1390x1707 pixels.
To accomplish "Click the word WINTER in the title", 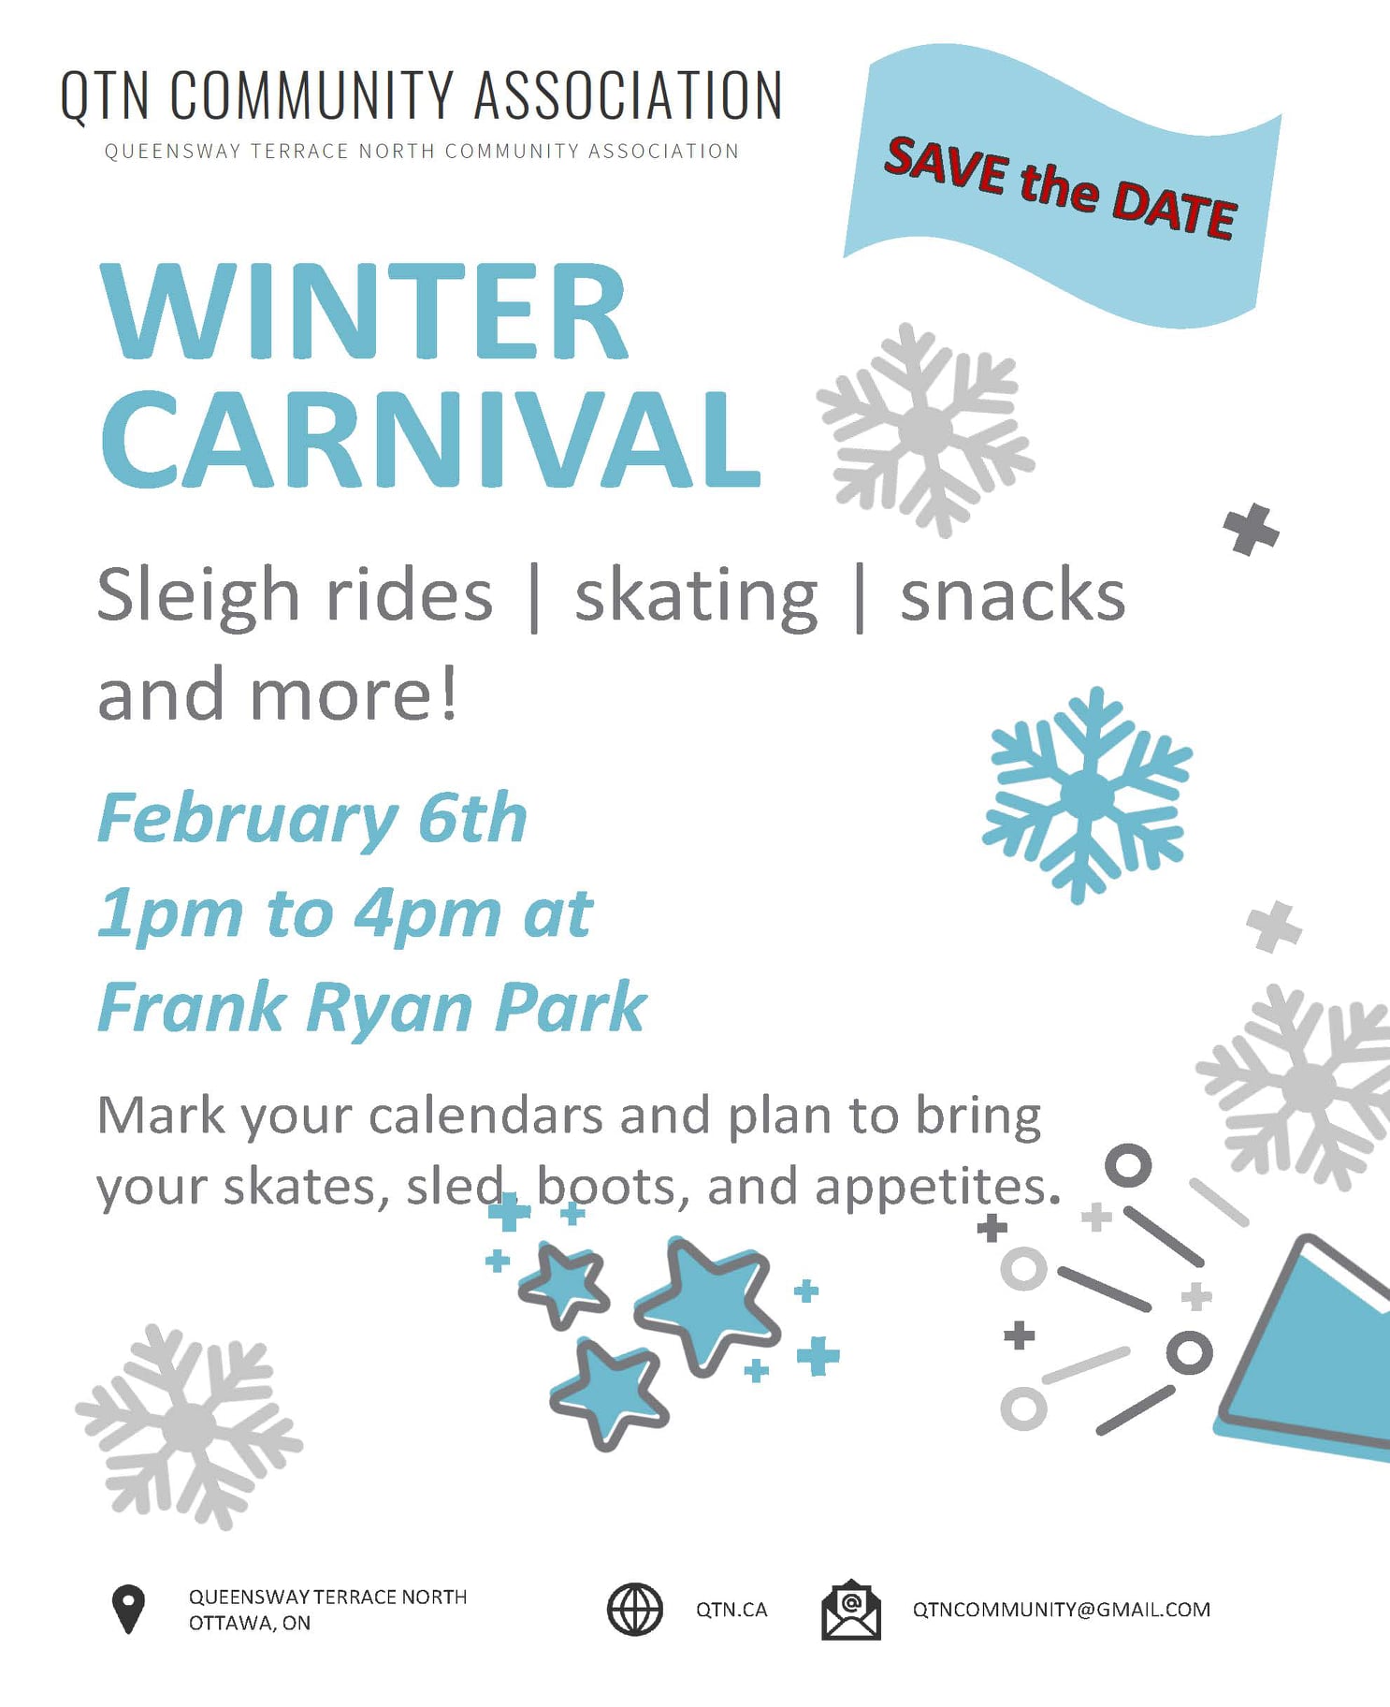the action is pos(365,311).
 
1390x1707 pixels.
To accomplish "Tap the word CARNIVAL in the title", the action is pos(430,439).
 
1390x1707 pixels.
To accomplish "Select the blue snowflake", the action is pos(1087,795).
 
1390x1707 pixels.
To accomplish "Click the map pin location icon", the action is pos(128,1609).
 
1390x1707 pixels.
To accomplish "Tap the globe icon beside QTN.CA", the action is pos(635,1609).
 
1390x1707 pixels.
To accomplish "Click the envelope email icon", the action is pos(850,1609).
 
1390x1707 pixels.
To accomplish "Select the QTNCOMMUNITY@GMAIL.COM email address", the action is pos(1062,1609).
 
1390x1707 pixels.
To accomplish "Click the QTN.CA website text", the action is pos(731,1609).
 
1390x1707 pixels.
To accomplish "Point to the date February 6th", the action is pos(312,818).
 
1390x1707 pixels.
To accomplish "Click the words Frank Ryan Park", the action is pos(372,1007).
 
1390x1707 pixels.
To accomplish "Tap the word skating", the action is pos(696,597).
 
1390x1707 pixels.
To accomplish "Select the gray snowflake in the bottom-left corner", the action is pos(189,1426).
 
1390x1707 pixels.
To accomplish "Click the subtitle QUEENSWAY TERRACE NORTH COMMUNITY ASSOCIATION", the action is pos(422,151).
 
